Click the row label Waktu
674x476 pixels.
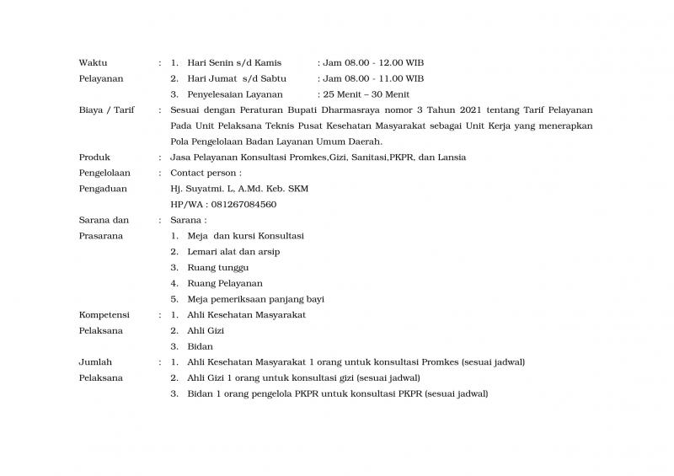93,63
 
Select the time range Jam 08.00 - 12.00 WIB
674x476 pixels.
374,63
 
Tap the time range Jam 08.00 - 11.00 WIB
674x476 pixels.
374,78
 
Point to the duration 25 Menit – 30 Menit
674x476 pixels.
366,94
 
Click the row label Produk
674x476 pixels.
94,158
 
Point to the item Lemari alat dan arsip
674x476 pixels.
233,252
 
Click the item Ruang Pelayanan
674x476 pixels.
225,283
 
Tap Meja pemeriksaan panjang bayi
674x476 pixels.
256,299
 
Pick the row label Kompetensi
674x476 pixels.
102,315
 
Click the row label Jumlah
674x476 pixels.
95,362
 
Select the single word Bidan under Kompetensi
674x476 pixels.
200,346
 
